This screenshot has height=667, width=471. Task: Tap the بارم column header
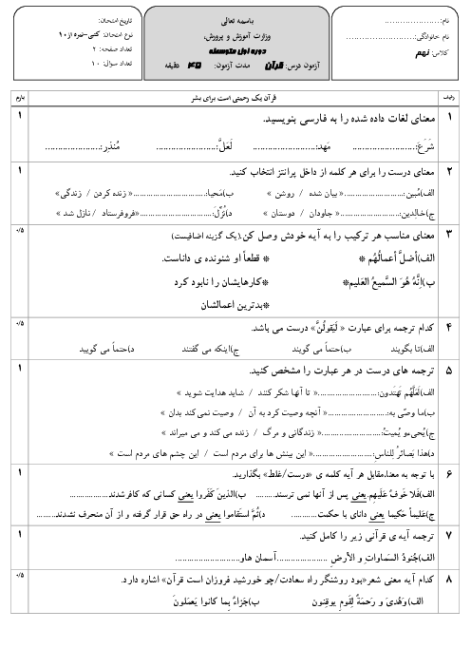pos(17,97)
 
